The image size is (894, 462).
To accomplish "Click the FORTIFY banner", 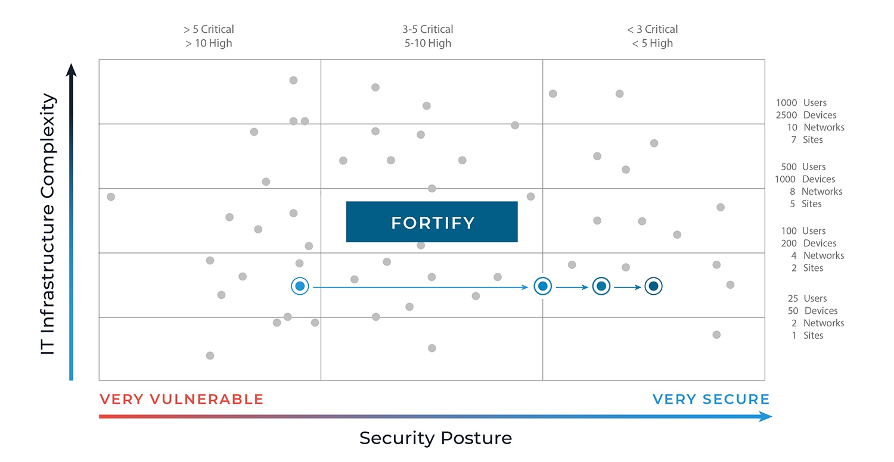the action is pos(432,221).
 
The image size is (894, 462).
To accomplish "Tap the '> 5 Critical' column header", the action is pos(209,29).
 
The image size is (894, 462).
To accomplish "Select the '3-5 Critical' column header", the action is pos(427,29).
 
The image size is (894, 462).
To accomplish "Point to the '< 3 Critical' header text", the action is pos(653,29).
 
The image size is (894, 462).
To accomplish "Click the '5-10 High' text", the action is pos(428,43).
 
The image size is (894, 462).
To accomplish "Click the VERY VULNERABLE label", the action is pos(182,399).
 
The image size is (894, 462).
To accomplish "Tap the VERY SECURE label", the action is pos(711,399).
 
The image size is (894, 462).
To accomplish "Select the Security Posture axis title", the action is pos(436,438).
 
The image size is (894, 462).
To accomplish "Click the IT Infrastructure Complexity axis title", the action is pos(48,224).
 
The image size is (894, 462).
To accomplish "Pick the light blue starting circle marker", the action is pos(300,286).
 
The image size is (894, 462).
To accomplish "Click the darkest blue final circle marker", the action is pos(653,286).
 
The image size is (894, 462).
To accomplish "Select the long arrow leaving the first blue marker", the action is pos(421,287).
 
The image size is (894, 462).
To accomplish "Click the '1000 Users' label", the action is pos(801,103).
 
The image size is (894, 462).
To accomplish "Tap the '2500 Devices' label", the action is pos(806,115).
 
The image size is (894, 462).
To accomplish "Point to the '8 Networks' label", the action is pos(816,192).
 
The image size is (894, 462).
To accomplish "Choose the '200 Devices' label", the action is pos(809,244).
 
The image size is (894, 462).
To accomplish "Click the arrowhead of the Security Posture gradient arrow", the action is pos(765,417).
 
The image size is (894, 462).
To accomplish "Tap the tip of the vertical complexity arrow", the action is pos(71,64).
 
